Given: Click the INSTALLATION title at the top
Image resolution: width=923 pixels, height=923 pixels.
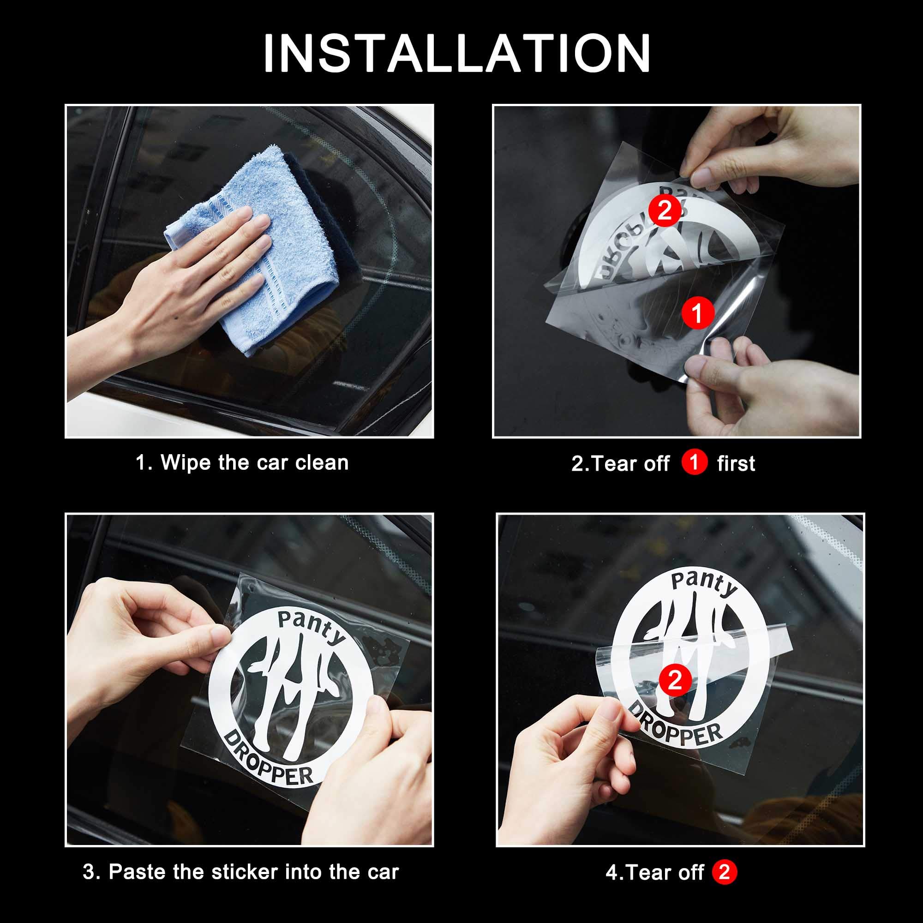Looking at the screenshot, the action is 457,53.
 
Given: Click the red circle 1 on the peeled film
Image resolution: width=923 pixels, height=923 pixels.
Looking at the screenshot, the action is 697,313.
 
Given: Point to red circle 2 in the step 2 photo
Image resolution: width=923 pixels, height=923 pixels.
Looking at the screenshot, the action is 665,209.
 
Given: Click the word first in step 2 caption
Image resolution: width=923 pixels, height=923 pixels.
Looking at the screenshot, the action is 736,463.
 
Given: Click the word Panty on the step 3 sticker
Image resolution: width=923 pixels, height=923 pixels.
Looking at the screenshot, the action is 311,627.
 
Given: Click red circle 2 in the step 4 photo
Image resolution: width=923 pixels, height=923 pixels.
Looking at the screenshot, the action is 675,680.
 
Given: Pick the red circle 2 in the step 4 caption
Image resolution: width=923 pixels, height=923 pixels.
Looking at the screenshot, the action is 724,872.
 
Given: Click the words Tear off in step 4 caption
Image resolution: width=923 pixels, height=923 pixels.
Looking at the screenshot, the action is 665,872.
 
